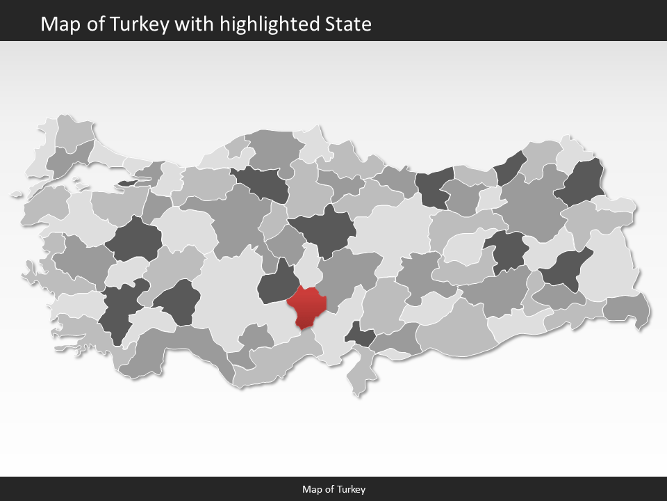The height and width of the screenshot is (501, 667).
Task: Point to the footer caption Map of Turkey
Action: tap(333, 489)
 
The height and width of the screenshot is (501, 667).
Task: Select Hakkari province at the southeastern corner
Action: tap(627, 309)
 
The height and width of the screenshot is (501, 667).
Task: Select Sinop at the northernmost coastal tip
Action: tap(314, 139)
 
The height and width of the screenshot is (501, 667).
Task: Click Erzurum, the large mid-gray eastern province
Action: tap(532, 205)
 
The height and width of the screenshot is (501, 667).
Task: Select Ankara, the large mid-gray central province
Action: tap(236, 219)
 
